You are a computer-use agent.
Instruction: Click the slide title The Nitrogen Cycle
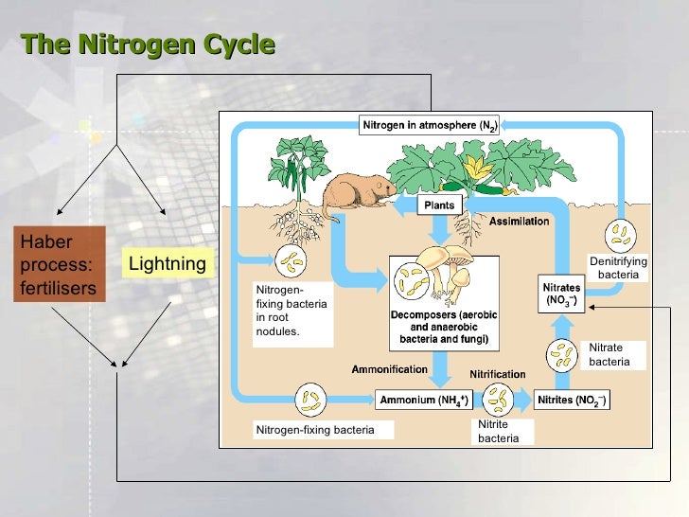pyautogui.click(x=148, y=45)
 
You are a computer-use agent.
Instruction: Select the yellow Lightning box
pyautogui.click(x=167, y=262)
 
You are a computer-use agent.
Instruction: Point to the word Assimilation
pyautogui.click(x=519, y=222)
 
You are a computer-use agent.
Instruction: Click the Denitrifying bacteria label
pyautogui.click(x=618, y=267)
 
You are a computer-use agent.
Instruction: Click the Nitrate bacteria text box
pyautogui.click(x=616, y=354)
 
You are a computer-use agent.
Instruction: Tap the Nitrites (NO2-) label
pyautogui.click(x=572, y=401)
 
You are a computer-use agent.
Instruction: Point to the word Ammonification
pyautogui.click(x=389, y=368)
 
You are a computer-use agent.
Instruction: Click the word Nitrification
pyautogui.click(x=499, y=376)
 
